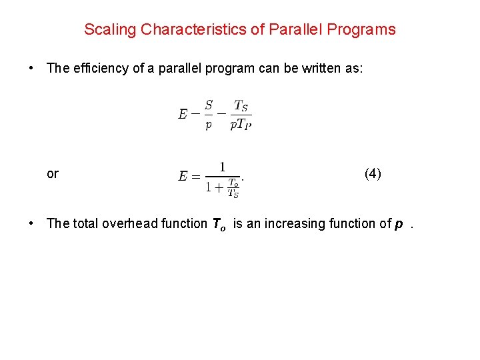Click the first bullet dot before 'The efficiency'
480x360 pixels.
point(31,68)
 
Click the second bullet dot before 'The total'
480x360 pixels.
point(31,223)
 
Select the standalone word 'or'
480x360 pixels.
point(53,174)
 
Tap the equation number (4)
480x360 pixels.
point(373,174)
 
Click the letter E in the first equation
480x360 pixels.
point(183,115)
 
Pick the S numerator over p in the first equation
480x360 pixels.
point(209,105)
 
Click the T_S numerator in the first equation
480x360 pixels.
point(241,105)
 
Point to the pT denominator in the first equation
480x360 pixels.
point(240,125)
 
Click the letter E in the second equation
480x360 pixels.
point(183,177)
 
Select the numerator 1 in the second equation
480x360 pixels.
point(222,167)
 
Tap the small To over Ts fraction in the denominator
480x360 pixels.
point(233,187)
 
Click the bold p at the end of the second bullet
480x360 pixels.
point(398,224)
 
